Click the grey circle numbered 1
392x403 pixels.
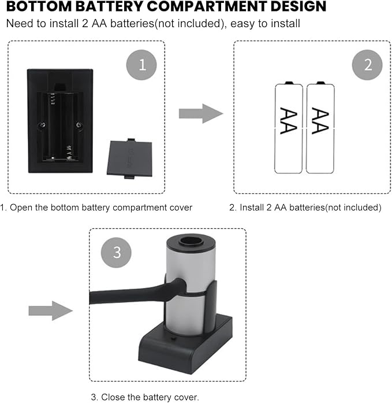pos(141,65)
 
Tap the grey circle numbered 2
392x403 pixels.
pos(367,65)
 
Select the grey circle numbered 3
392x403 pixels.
pos(116,253)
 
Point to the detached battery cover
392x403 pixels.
pos(129,158)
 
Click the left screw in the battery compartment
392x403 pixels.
pos(42,125)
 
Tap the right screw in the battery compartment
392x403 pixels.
pos(79,125)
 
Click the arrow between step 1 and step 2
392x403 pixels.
pos(201,113)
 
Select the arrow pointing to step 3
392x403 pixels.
pos(51,310)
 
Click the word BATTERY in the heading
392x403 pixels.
pos(110,6)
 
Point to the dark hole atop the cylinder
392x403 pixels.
pos(191,241)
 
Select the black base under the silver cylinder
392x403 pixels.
pos(185,345)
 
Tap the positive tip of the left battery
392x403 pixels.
pos(289,83)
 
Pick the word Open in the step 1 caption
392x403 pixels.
pos(21,208)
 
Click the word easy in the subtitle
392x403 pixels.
pos(242,24)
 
